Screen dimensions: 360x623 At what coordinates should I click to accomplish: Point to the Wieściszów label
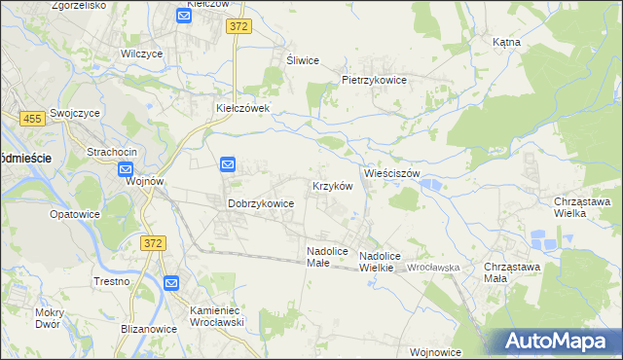[x=391, y=173]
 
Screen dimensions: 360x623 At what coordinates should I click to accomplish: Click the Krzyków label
[x=331, y=185]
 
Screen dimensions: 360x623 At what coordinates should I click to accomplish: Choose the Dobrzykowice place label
[x=261, y=204]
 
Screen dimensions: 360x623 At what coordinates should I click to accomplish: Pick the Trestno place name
[x=113, y=281]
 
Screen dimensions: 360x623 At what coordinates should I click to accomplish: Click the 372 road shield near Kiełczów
[x=239, y=27]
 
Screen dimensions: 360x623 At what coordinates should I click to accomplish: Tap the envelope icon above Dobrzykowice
[x=228, y=165]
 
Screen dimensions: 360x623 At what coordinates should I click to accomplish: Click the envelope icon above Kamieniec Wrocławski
[x=171, y=283]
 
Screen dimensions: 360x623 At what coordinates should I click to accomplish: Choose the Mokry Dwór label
[x=47, y=318]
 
